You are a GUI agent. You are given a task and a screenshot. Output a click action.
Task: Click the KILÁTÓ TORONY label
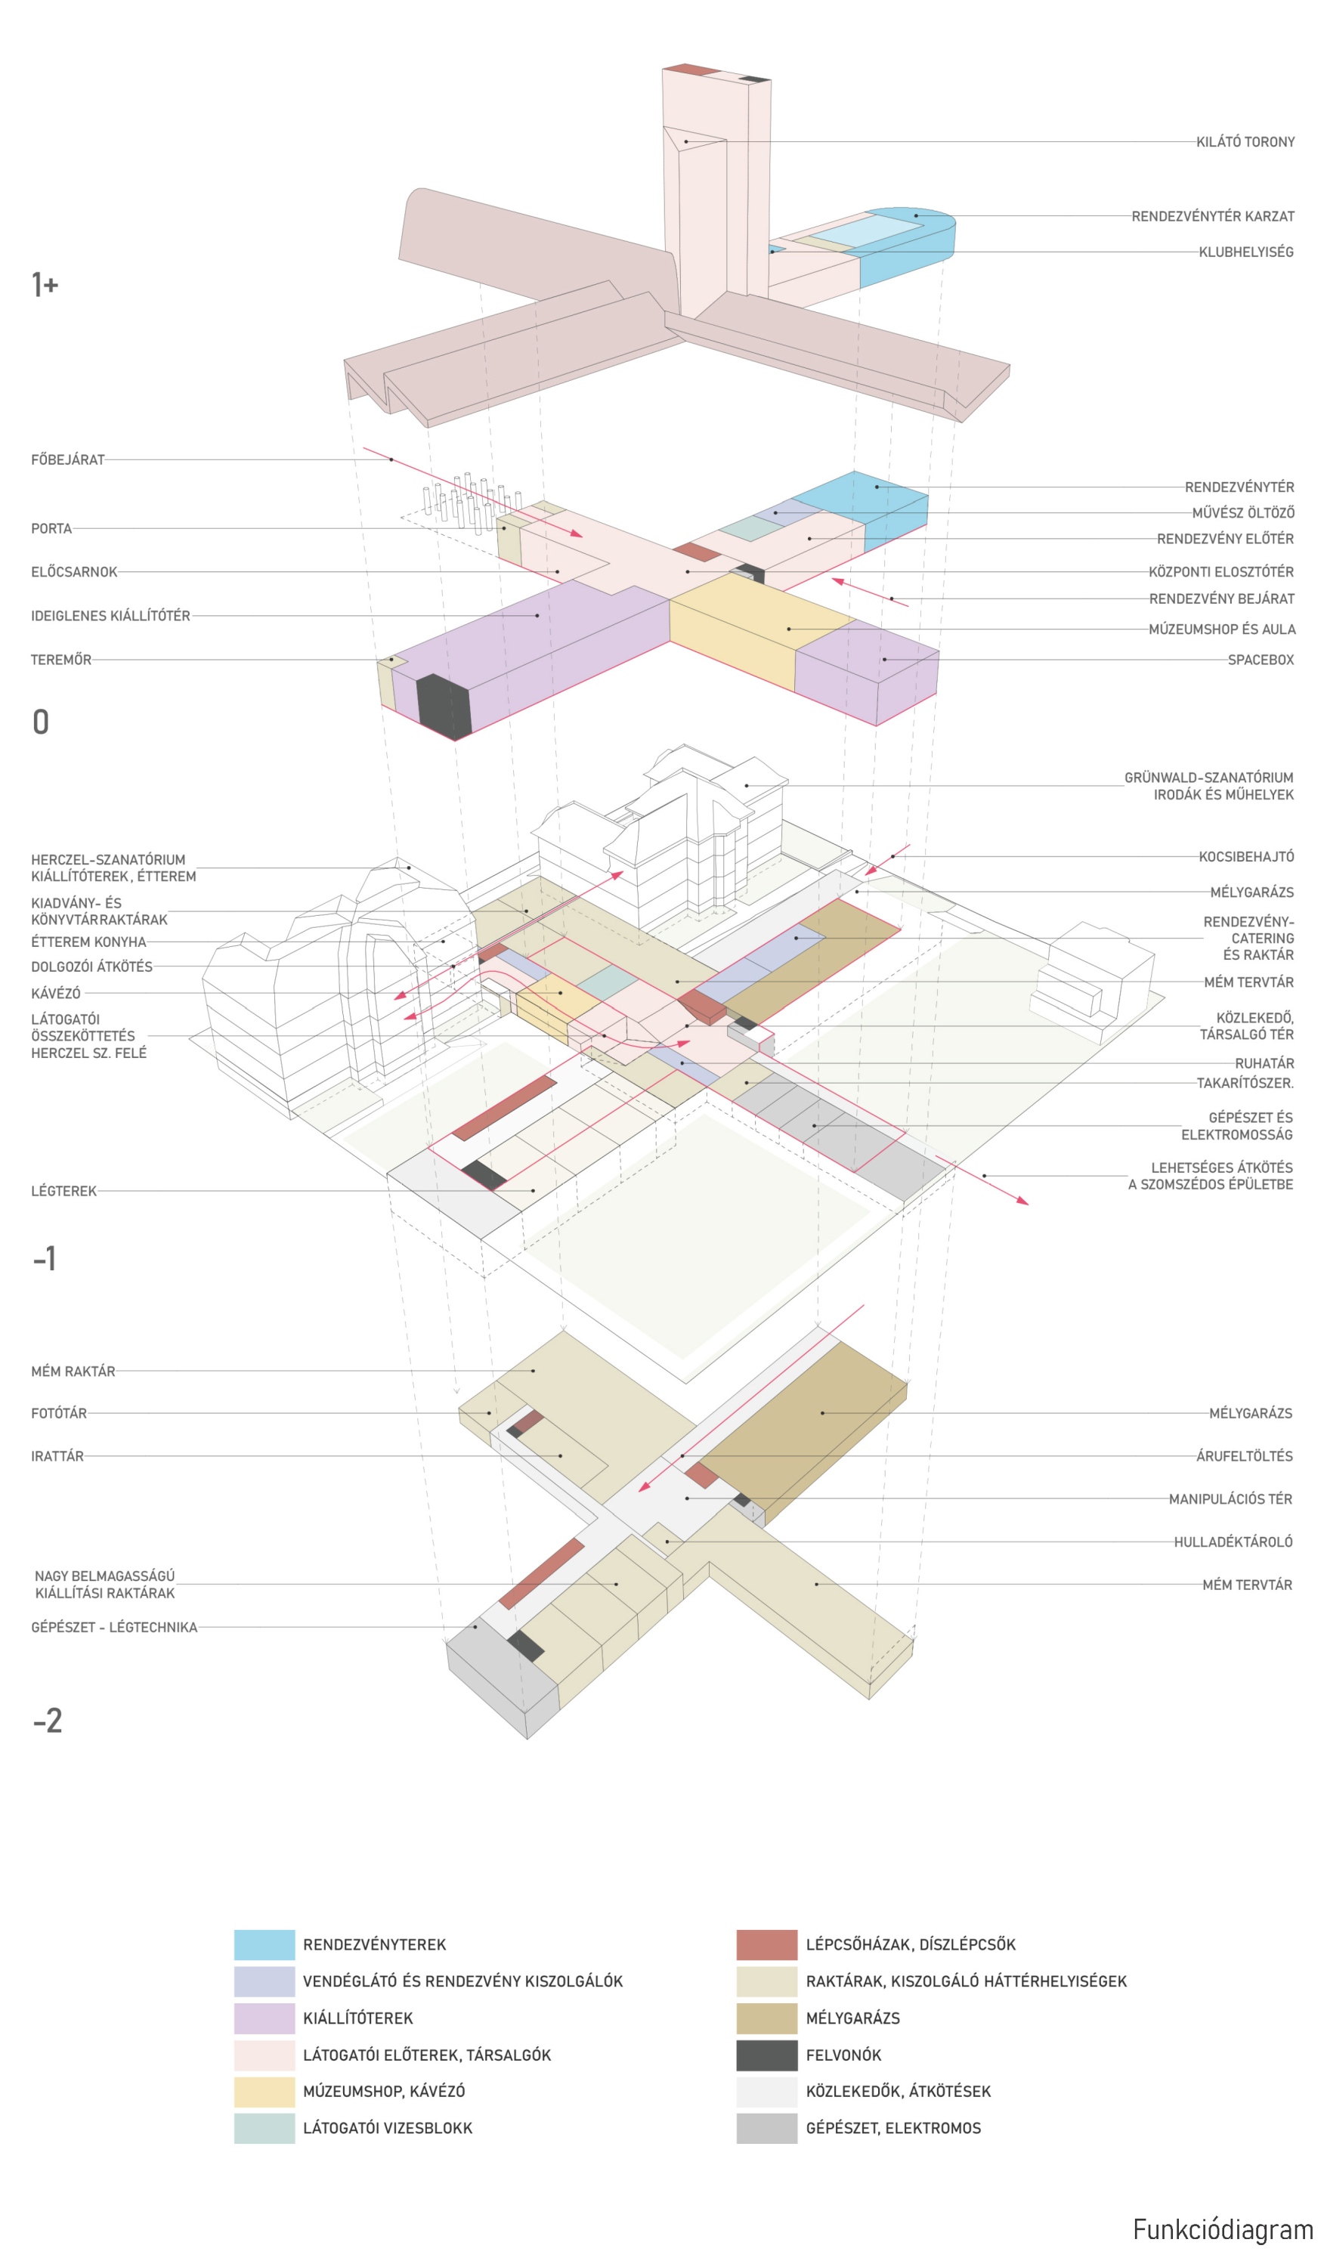click(x=1245, y=142)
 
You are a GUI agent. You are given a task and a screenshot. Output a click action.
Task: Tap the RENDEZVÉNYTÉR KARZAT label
click(x=1212, y=217)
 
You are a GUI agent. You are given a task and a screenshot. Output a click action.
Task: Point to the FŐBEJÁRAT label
click(x=67, y=459)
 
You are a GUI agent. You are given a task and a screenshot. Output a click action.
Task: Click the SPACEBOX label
click(x=1260, y=660)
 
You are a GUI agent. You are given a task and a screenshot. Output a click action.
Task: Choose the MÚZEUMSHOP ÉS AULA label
click(x=1221, y=629)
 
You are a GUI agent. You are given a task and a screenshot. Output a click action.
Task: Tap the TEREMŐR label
click(x=61, y=660)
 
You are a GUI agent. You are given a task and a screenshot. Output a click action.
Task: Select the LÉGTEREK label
click(x=63, y=1191)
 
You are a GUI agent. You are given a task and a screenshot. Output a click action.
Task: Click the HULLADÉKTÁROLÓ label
click(x=1233, y=1542)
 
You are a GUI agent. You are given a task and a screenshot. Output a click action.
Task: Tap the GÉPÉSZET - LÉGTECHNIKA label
click(x=114, y=1628)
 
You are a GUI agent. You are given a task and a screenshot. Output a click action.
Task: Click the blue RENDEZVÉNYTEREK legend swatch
click(x=264, y=1945)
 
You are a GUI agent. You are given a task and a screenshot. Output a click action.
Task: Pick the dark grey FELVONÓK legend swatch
click(x=766, y=2055)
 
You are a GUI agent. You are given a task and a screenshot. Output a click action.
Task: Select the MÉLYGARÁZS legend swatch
click(x=766, y=2018)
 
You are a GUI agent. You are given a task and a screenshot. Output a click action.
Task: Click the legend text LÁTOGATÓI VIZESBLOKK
click(x=387, y=2129)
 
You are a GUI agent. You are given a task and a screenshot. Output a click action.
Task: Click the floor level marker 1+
click(x=45, y=285)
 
